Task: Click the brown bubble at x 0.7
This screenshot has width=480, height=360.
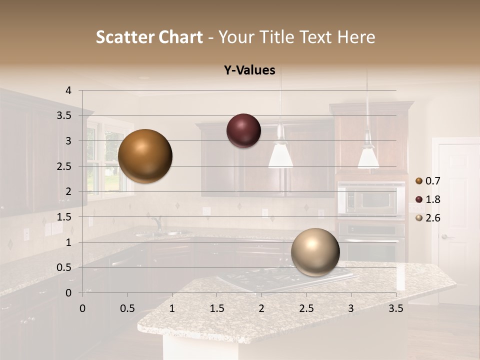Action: pos(145,156)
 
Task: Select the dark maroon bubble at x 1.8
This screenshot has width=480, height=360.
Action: pos(243,130)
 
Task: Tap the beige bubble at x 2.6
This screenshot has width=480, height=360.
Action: pos(315,252)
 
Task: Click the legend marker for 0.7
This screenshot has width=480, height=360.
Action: pos(418,180)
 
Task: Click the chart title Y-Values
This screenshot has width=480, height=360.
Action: pos(249,70)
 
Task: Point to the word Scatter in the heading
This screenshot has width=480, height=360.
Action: pos(124,37)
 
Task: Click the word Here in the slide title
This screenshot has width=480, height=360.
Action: pos(356,37)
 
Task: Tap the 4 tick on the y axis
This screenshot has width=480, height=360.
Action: pos(68,90)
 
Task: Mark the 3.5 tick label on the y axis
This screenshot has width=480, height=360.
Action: pos(64,115)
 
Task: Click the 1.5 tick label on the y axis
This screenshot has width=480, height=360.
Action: pos(64,217)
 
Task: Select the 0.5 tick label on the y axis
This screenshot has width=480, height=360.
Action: pos(64,267)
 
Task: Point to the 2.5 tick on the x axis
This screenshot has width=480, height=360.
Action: pos(306,308)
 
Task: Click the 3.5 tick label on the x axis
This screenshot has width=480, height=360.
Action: pos(395,308)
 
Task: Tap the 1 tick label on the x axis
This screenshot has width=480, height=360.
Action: pos(172,308)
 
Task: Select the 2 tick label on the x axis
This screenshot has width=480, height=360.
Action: pos(261,308)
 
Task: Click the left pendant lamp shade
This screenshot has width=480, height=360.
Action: pos(280,155)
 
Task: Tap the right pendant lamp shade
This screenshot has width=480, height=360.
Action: pos(368,156)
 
